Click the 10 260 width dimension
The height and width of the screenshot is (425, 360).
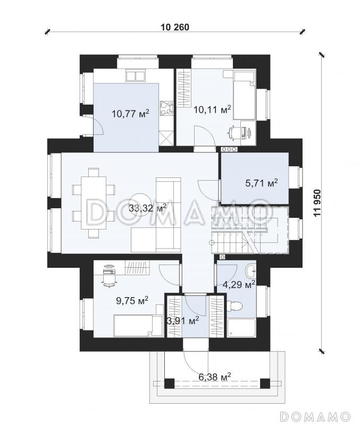pos(175,27)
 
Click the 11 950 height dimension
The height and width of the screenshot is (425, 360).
pos(317,202)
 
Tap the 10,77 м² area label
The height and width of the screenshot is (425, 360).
pos(130,113)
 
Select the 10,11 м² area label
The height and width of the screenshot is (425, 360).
pos(212,109)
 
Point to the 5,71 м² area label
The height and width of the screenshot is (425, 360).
pos(262,183)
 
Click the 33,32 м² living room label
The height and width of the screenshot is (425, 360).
pos(147,208)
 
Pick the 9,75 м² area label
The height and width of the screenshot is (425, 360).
pos(132,300)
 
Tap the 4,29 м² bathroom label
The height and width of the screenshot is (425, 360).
pos(239,285)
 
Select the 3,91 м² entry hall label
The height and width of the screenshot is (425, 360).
pos(183,321)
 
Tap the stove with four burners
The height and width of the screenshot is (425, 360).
pos(166,108)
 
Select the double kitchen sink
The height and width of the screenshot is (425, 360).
pos(136,76)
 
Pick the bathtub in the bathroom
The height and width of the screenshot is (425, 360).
pos(241,328)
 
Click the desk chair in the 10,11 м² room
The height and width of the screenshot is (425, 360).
pos(232,133)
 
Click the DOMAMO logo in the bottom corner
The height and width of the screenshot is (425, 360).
pos(315,415)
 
